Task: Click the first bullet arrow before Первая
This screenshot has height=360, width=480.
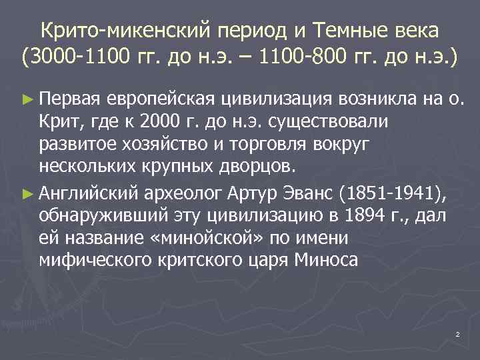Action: tap(27, 101)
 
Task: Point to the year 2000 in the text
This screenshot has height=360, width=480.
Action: tap(163, 124)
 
